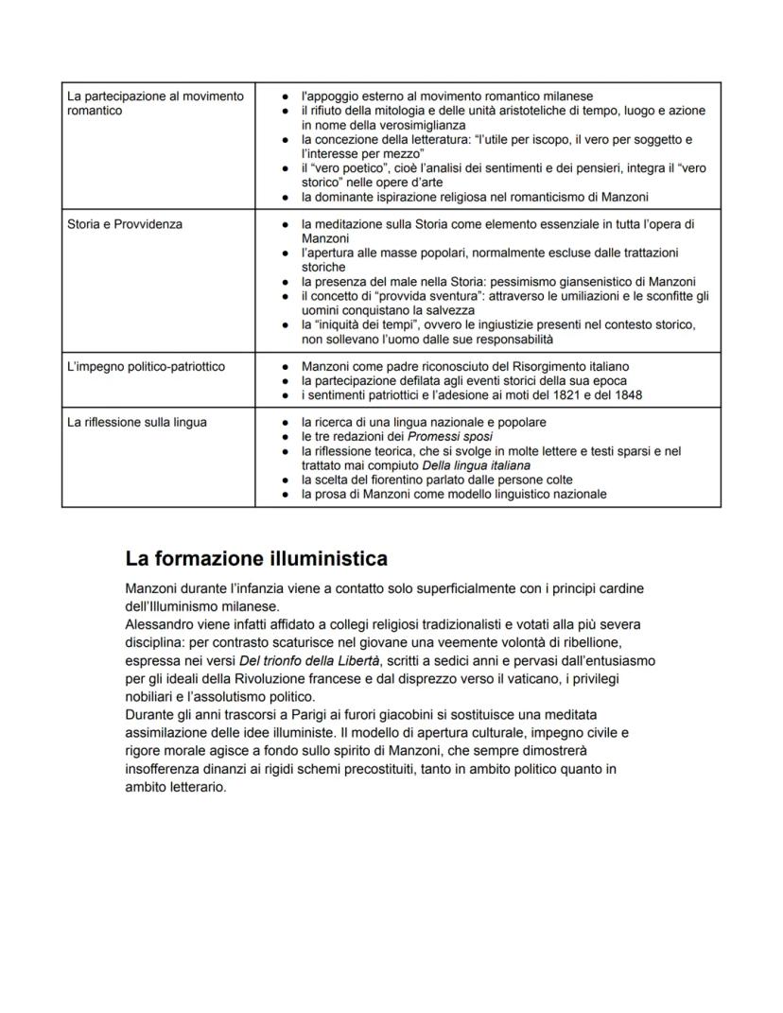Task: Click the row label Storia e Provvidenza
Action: pos(125,224)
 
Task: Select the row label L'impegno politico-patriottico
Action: pos(146,366)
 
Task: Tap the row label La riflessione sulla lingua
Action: pos(136,422)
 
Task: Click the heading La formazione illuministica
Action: pos(256,558)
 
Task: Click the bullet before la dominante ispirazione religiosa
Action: pos(286,197)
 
